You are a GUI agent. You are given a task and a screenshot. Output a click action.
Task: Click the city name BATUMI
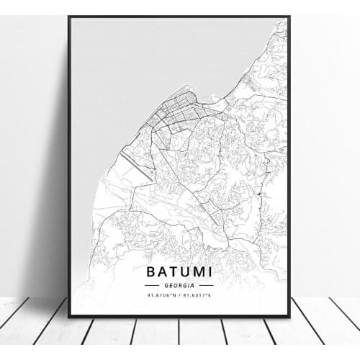coord(180,272)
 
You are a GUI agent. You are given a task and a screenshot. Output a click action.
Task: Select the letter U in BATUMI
coord(181,272)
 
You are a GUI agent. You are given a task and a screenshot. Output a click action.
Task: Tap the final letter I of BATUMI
coord(208,272)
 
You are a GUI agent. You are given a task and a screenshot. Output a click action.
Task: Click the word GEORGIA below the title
coord(180,285)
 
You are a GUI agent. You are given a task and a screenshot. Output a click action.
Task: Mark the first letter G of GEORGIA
coord(167,285)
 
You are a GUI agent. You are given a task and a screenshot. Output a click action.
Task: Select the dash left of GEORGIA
coord(153,285)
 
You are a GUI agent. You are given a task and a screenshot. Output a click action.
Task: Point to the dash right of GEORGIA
coord(207,285)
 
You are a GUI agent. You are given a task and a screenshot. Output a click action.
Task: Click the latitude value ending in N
coord(163,294)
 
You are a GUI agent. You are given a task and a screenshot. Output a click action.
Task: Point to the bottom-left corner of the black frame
coord(69,316)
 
